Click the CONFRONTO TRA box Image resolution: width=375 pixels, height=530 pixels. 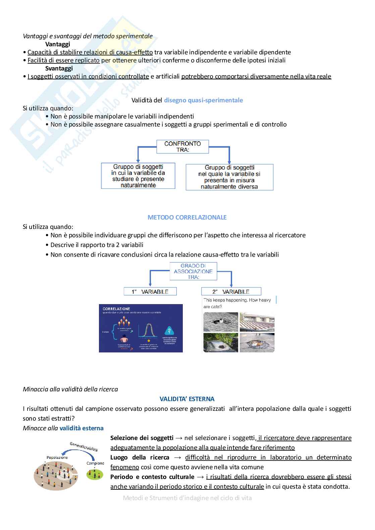[x=183, y=147]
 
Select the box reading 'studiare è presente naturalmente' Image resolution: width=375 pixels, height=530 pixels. [x=138, y=176]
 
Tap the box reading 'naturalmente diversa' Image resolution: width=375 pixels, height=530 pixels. [x=229, y=177]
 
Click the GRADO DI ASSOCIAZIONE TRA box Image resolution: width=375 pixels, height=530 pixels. [x=193, y=271]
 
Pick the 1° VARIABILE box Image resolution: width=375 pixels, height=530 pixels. [x=150, y=292]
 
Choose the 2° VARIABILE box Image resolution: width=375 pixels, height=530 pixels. [x=231, y=292]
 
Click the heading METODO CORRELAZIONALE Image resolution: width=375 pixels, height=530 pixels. [x=187, y=217]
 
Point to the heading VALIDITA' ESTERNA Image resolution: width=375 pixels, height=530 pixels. [x=187, y=399]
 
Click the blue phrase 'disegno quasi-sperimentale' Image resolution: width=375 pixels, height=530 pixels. [x=203, y=100]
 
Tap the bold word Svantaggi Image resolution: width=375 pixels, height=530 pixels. [x=59, y=68]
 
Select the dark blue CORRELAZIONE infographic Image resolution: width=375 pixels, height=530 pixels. [x=141, y=328]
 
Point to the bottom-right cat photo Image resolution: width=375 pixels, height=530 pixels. [x=257, y=342]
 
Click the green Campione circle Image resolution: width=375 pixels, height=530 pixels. [x=95, y=474]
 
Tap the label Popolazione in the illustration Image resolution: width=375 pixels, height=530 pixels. [x=57, y=457]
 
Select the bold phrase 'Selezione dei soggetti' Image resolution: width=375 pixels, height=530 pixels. [x=142, y=438]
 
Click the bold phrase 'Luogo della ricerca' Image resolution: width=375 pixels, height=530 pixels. [x=140, y=457]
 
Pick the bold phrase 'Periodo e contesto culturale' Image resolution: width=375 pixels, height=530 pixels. [x=152, y=477]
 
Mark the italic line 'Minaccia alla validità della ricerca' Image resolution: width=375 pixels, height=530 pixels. [x=70, y=389]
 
